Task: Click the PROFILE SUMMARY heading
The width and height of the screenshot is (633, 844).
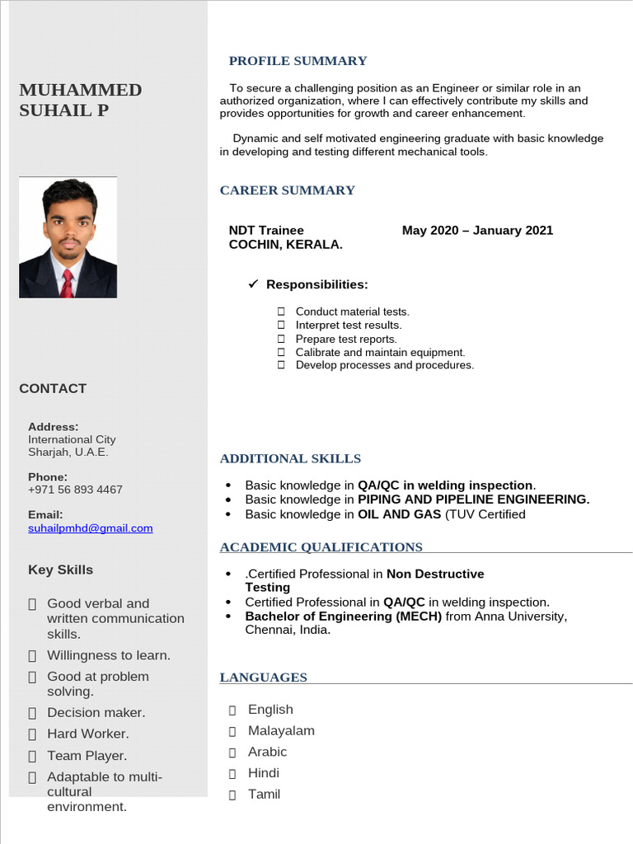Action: (x=298, y=61)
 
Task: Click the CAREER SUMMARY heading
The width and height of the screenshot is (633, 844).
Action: (x=287, y=190)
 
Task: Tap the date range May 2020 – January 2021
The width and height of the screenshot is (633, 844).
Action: (x=477, y=231)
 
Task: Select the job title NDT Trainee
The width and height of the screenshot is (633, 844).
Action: (x=266, y=231)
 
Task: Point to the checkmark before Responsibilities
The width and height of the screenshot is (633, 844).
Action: (x=254, y=284)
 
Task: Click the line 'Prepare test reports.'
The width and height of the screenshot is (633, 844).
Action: (x=346, y=339)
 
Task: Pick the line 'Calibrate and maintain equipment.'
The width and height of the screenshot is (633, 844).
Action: (x=380, y=352)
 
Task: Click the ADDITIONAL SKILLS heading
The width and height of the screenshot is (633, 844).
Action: (x=290, y=458)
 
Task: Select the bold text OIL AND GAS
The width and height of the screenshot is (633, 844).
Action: (x=400, y=514)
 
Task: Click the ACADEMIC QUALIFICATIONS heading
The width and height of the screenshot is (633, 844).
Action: (x=321, y=547)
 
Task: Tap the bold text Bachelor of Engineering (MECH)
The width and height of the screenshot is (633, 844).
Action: (x=344, y=617)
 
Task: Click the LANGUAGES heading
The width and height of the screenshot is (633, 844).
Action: (x=263, y=678)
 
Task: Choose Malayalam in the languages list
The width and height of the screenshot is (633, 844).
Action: (x=281, y=731)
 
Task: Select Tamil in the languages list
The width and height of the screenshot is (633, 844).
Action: (x=264, y=795)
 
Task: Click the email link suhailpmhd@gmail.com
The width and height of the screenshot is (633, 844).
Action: (x=91, y=528)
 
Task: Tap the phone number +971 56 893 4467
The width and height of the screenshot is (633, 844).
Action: (x=75, y=490)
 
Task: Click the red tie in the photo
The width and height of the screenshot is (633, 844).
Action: (x=67, y=283)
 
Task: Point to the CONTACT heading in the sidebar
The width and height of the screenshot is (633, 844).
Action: (x=53, y=388)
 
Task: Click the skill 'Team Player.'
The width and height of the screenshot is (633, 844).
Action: (x=87, y=756)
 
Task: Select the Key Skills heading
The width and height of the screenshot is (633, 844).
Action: (x=60, y=570)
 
